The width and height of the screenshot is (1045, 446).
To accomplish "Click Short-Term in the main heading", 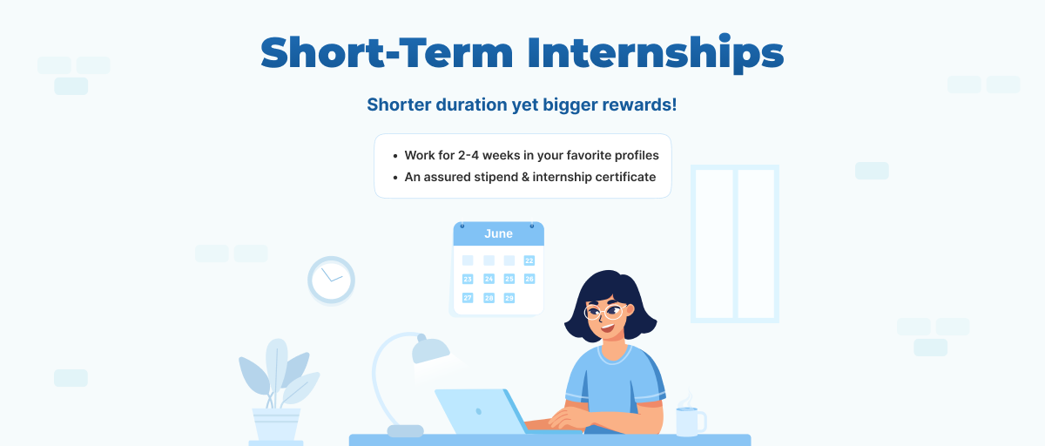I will pyautogui.click(x=384, y=54).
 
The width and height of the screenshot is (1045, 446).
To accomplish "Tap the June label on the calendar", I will pyautogui.click(x=498, y=233).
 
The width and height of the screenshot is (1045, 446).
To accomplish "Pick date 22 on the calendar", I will pyautogui.click(x=529, y=260).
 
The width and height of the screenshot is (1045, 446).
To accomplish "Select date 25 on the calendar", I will pyautogui.click(x=509, y=279).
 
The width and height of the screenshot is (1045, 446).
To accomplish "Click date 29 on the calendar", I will pyautogui.click(x=509, y=298).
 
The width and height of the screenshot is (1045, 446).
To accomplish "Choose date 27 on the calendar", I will pyautogui.click(x=468, y=298).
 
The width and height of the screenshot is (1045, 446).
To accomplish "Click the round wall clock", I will pyautogui.click(x=331, y=280).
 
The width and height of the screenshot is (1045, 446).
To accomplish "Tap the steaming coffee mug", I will pyautogui.click(x=690, y=421).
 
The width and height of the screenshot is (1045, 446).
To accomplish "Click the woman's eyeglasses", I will pyautogui.click(x=603, y=310).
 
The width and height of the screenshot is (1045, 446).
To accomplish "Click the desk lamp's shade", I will pyautogui.click(x=430, y=351).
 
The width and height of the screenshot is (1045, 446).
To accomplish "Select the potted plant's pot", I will pyautogui.click(x=277, y=425).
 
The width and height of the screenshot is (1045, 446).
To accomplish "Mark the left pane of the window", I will pyautogui.click(x=714, y=244).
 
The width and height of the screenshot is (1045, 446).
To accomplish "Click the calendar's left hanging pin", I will pyautogui.click(x=462, y=226).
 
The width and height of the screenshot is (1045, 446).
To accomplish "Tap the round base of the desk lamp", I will pyautogui.click(x=405, y=431).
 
